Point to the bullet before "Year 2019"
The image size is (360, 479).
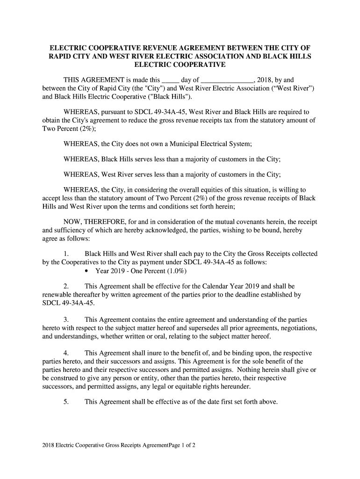88,271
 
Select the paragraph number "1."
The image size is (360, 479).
66,254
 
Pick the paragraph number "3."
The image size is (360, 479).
66,319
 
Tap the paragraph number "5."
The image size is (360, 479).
66,402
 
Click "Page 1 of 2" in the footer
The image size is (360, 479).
178,446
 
